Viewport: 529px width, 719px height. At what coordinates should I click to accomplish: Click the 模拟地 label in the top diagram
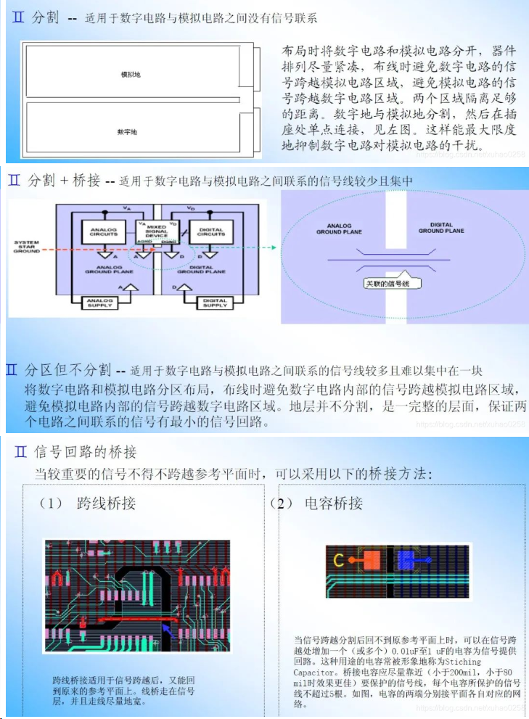131,75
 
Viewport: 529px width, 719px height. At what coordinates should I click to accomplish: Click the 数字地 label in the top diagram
127,131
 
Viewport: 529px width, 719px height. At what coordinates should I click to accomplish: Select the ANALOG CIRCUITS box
103,231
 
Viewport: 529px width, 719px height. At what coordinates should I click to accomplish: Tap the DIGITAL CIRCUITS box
210,231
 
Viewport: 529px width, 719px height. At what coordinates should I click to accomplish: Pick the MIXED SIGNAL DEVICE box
157,230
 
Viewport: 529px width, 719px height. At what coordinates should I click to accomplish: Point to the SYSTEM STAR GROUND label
27,247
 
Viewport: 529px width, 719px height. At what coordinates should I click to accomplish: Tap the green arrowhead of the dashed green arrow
274,247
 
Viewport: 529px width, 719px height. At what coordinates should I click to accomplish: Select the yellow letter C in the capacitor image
338,560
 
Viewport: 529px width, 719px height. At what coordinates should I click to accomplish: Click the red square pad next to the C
371,559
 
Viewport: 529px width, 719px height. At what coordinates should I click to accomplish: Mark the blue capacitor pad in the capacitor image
404,559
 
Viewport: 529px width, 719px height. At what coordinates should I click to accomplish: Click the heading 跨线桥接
106,504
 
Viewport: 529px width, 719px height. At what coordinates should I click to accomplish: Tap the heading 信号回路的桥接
86,453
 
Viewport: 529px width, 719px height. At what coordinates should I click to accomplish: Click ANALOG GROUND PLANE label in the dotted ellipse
339,229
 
